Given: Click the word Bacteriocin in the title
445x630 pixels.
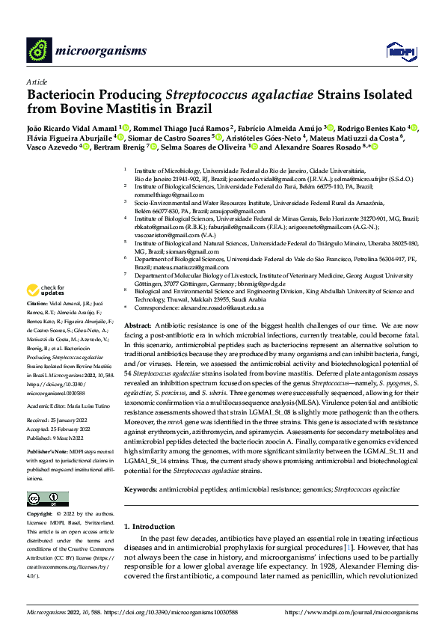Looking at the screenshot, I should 64,95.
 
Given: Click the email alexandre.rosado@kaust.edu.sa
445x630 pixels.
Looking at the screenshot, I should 224,308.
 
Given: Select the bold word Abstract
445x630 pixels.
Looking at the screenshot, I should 138,327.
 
